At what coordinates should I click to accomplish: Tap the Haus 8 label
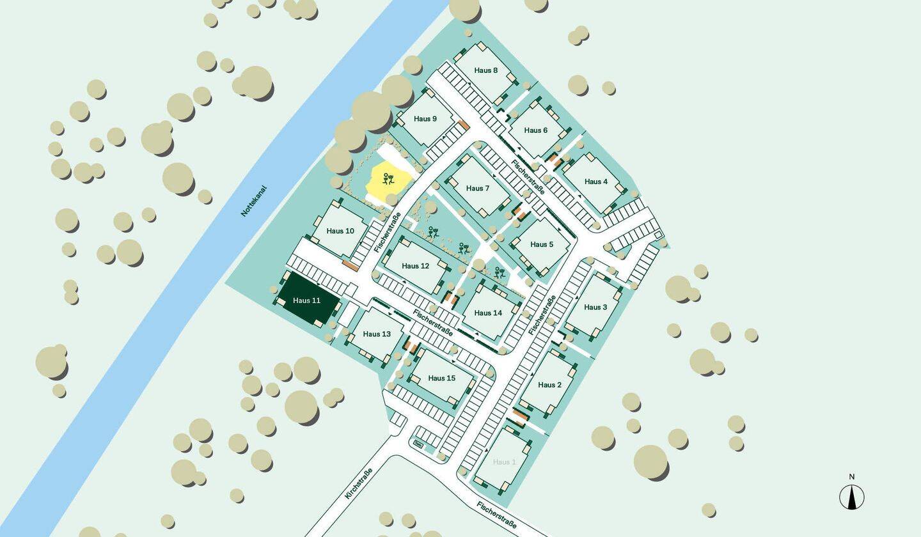pos(486,70)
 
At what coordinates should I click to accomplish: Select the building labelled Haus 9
pos(425,119)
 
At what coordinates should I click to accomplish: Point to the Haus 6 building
pos(536,130)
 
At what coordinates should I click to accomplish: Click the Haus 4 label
pos(596,182)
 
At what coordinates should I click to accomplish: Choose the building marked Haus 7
pos(478,188)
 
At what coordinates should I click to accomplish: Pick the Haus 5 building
pos(542,244)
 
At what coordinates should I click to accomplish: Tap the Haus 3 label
pos(595,307)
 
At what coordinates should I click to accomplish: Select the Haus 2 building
pos(549,385)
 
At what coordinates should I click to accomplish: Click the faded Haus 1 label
pos(504,462)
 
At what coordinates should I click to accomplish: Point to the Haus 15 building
pos(441,378)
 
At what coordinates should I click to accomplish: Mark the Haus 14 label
pos(489,313)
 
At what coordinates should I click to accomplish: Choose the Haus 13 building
pos(377,334)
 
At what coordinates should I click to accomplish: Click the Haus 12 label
pos(416,266)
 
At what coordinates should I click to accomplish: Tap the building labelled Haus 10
pos(340,231)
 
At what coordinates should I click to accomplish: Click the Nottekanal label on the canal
pos(253,201)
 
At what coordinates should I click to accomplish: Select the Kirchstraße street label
pos(358,483)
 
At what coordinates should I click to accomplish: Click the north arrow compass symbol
pos(851,497)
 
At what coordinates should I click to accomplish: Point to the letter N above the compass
pos(852,477)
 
